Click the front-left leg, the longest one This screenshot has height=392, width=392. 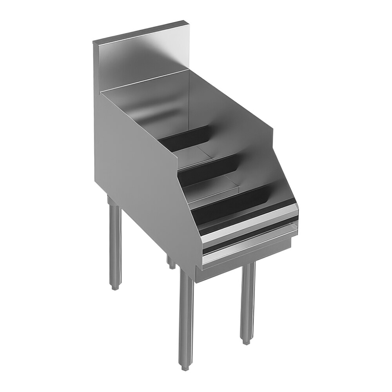[186, 314]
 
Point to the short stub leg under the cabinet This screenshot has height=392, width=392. [171, 263]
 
